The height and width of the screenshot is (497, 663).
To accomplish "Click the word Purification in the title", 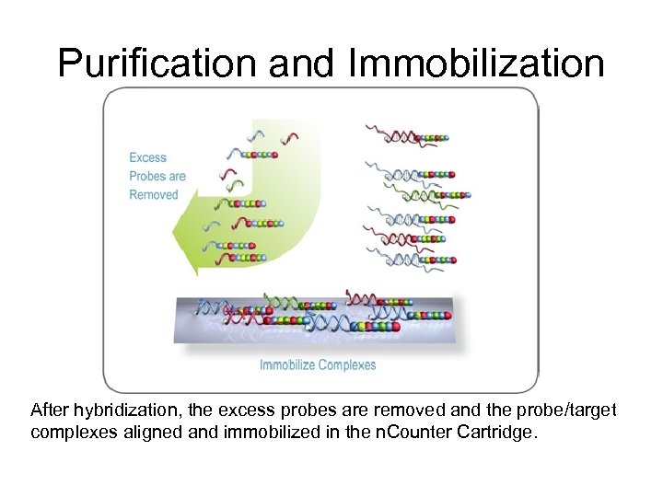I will click(157, 63).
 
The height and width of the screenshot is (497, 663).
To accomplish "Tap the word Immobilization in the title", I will click(477, 63).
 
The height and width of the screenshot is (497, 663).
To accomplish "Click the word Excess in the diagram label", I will click(148, 157).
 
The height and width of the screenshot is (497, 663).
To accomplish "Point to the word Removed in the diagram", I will click(154, 194).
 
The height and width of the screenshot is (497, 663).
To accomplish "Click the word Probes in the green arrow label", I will click(147, 176).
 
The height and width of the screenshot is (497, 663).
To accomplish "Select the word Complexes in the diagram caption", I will click(346, 364).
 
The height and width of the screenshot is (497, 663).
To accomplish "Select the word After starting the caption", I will click(49, 410).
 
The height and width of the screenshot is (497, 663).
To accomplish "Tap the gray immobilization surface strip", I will click(313, 318).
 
